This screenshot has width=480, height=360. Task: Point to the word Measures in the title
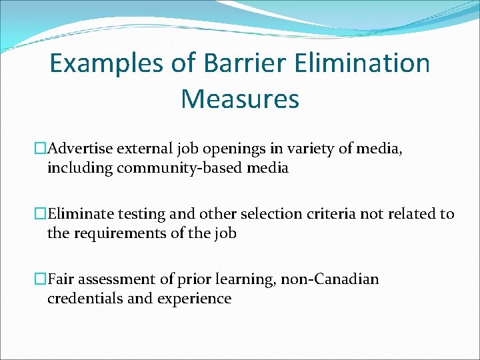pyautogui.click(x=240, y=99)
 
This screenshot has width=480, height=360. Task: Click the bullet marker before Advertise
pyautogui.click(x=41, y=149)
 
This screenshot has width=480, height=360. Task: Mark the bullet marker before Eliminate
pyautogui.click(x=41, y=214)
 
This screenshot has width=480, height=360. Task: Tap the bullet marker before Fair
pyautogui.click(x=41, y=279)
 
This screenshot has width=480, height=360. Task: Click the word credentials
pyautogui.click(x=85, y=299)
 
